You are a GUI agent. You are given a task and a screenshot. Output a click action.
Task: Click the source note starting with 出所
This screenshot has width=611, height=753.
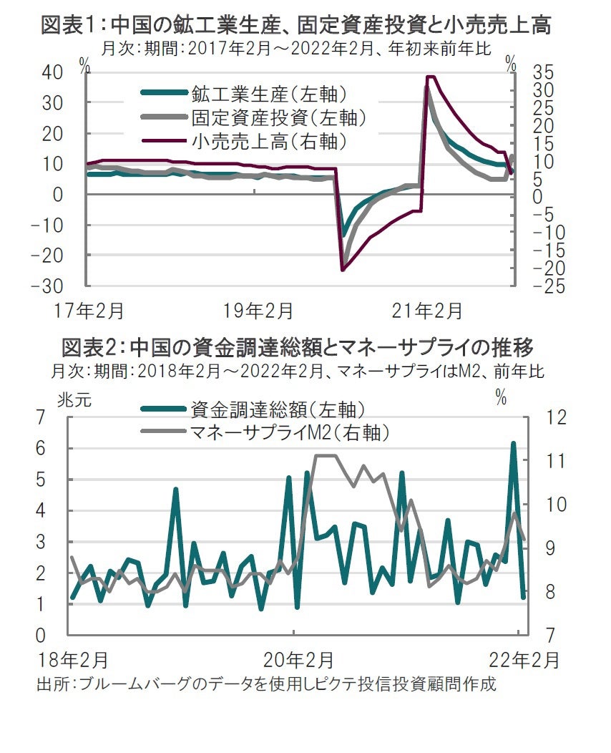pyautogui.click(x=266, y=684)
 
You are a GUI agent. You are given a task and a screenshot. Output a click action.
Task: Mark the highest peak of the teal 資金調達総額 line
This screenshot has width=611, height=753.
pyautogui.click(x=513, y=443)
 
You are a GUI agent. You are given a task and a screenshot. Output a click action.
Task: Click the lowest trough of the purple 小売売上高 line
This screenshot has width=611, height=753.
pyautogui.click(x=343, y=270)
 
